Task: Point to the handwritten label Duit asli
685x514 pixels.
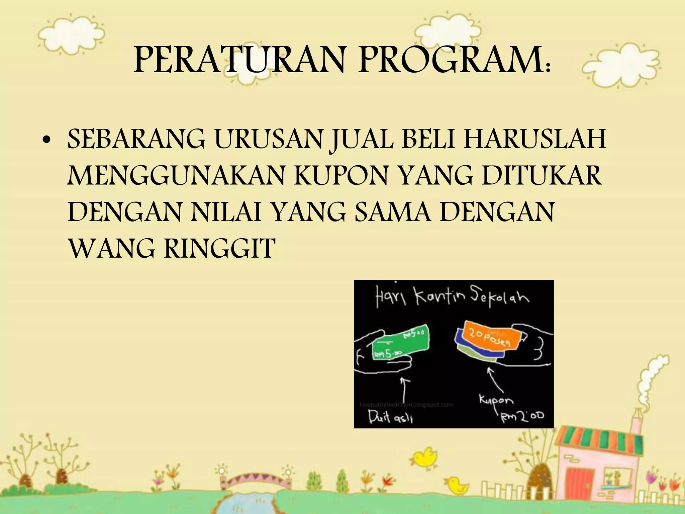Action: coord(390,417)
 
